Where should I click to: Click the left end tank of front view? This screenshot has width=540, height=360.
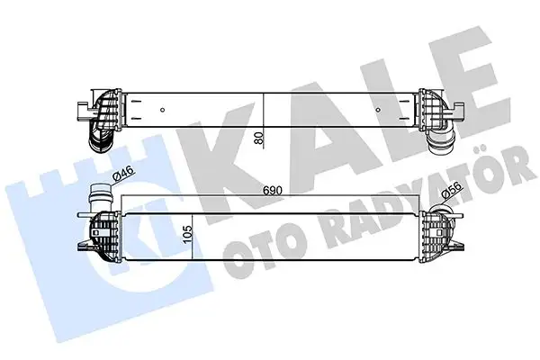101,238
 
